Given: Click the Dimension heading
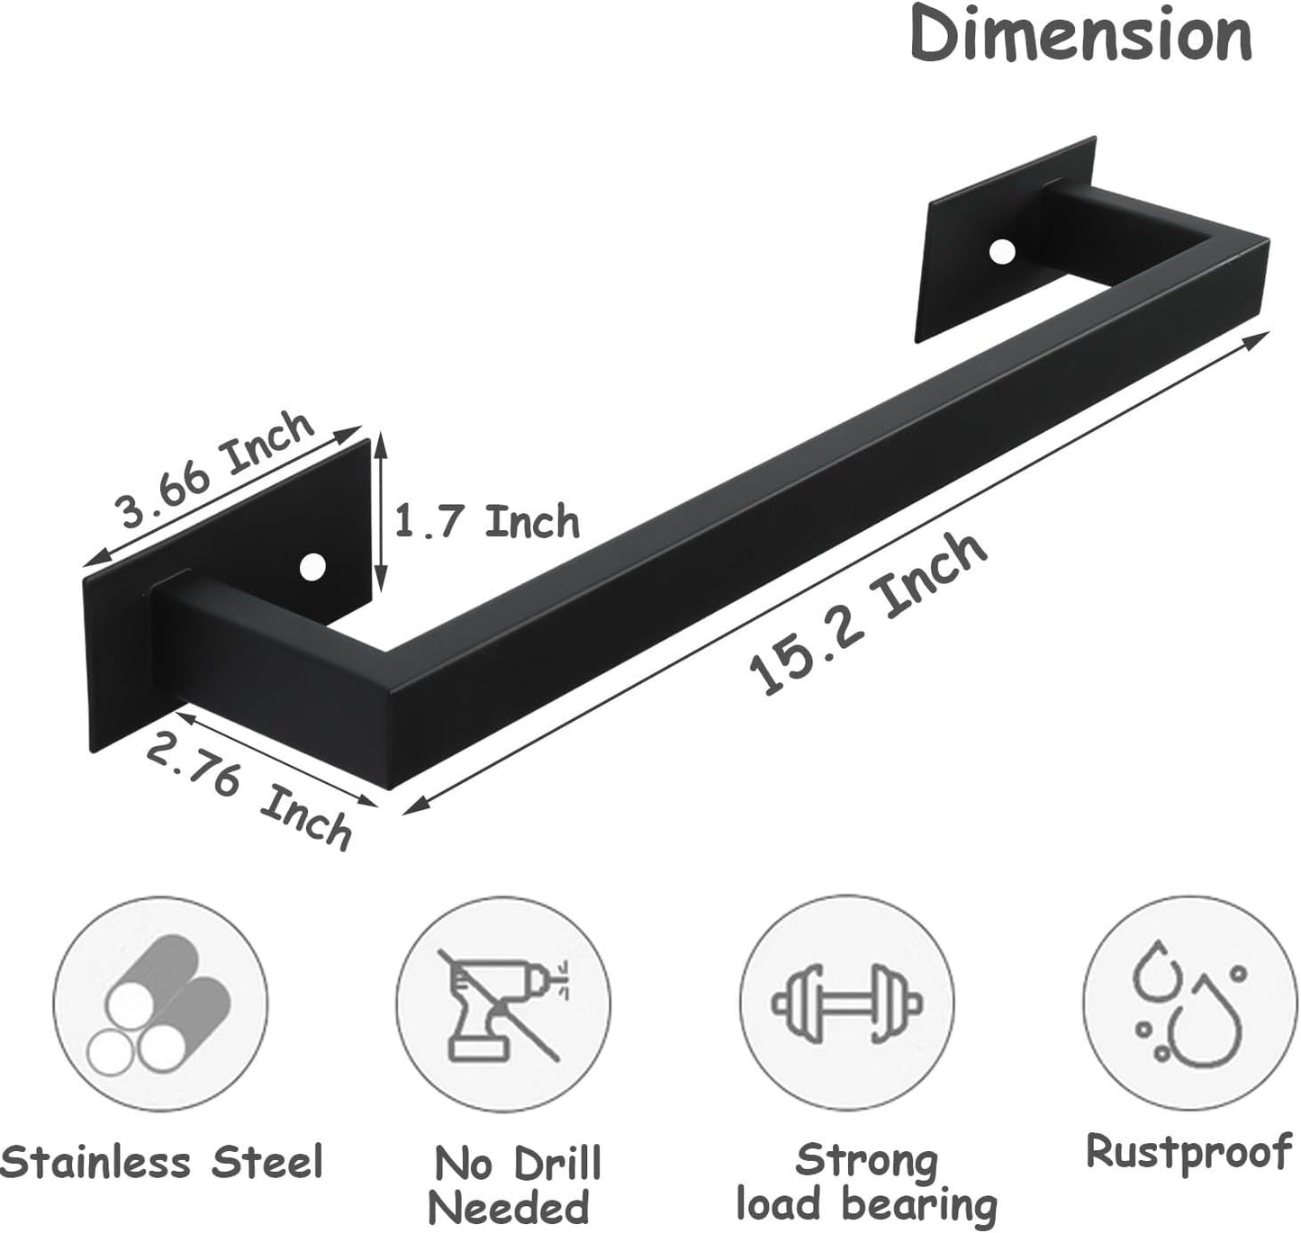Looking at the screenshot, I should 1080,34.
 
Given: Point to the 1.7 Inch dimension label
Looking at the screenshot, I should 487,522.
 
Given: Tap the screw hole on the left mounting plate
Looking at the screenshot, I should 312,567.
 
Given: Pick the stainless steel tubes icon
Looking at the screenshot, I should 160,1003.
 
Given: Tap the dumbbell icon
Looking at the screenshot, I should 846,1002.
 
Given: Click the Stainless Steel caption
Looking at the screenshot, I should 162,1161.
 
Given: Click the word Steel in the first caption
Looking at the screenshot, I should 267,1161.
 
